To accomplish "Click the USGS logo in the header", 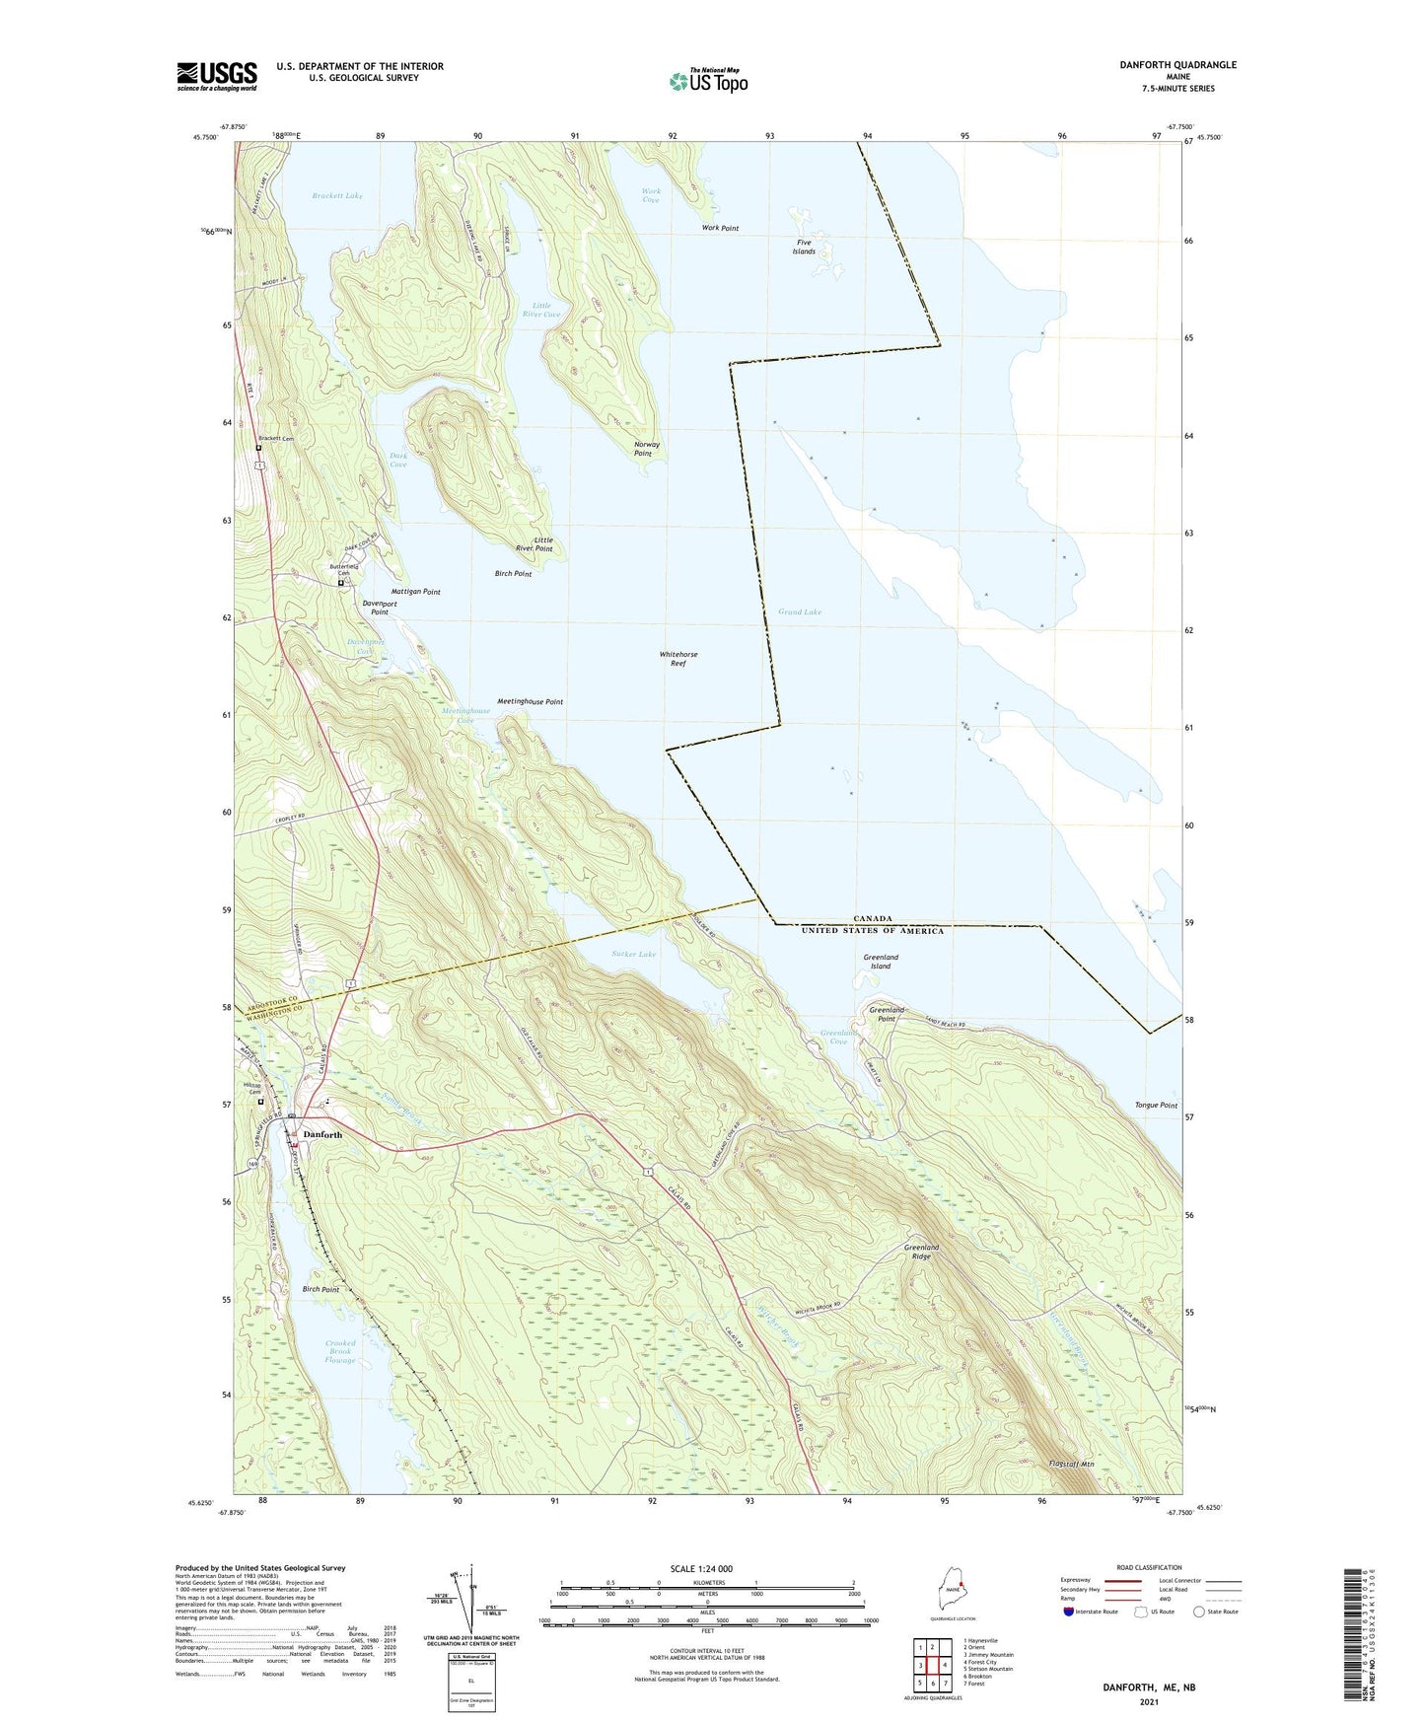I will pos(217,76).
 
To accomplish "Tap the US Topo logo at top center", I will pos(708,81).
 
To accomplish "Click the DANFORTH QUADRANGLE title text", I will pos(1177,65).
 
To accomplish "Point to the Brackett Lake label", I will pos(337,196).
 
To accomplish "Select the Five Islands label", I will pos(804,247).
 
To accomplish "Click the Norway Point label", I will pos(646,449).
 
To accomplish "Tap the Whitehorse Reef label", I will pos(678,659).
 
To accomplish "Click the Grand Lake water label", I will pos(800,612).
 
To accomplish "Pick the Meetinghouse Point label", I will pos(530,702).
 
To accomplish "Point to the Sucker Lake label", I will pos(633,955).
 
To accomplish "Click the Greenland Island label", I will pos(880,962).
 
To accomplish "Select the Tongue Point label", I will pos(1156,1106).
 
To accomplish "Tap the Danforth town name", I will pos(322,1135).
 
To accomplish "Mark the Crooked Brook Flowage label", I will pos(340,1352).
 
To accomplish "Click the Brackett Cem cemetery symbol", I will pos(258,448).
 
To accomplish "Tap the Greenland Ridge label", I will pos(921,1252).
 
